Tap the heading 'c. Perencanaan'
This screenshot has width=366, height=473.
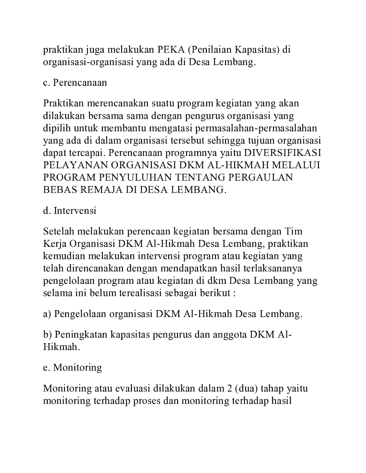click(x=75, y=82)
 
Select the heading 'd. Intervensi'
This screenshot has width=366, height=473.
click(x=70, y=211)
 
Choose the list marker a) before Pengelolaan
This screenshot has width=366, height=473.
click(x=47, y=314)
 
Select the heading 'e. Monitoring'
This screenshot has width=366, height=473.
click(x=72, y=367)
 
